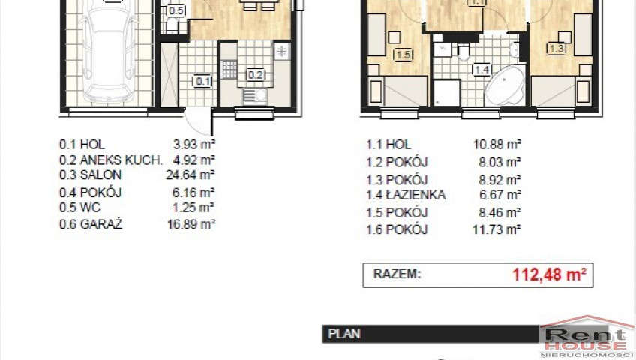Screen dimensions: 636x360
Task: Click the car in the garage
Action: pos(108,55)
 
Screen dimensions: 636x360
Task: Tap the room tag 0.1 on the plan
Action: pos(202,82)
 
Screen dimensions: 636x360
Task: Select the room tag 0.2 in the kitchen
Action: pos(256,74)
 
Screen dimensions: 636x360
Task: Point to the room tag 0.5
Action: pos(176,10)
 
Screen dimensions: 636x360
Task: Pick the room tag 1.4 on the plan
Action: pos(481,70)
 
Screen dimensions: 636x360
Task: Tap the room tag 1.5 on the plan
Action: pos(403,54)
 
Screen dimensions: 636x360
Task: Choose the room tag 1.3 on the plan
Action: pos(556,49)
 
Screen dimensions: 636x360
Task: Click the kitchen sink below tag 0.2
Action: pos(255,97)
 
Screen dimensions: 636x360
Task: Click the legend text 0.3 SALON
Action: pos(90,175)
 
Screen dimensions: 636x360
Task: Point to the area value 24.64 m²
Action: pos(190,175)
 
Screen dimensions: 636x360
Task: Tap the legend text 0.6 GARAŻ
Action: pos(91,223)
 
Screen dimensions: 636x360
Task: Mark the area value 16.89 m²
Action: pos(191,223)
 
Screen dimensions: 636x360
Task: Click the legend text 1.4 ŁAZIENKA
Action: pos(406,195)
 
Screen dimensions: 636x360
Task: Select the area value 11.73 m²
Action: pos(496,229)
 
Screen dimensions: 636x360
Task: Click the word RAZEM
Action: pos(397,274)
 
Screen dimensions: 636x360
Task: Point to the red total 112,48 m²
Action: pos(549,274)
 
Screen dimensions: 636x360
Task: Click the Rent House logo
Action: pos(586,337)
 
